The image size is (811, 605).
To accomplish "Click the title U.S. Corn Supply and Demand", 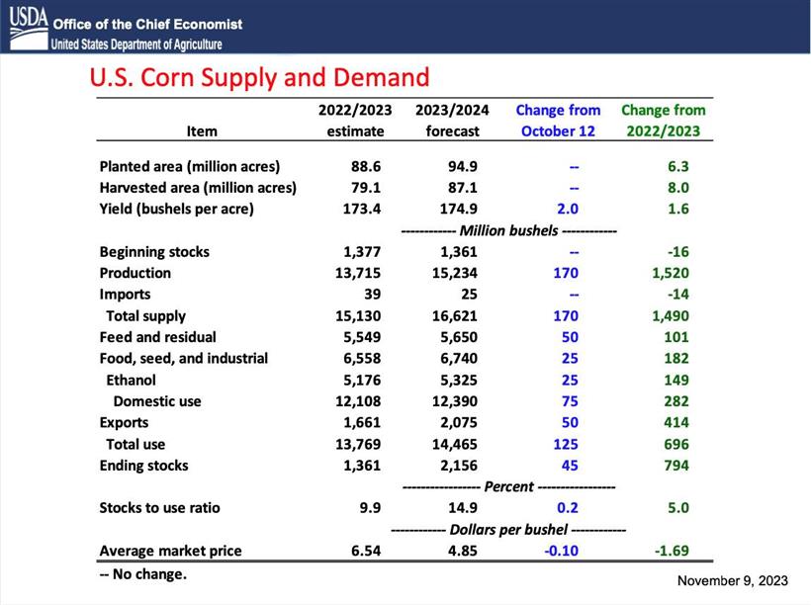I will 259,77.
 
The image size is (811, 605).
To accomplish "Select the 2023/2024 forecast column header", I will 453,121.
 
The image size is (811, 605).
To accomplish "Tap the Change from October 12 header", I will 558,121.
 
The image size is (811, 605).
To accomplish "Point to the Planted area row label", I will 190,166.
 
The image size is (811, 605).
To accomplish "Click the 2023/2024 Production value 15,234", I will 459,273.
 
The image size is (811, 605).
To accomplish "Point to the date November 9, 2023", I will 733,579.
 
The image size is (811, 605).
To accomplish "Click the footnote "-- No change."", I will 143,573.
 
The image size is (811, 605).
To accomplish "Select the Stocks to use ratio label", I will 160,508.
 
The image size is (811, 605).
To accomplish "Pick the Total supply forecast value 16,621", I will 459,316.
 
